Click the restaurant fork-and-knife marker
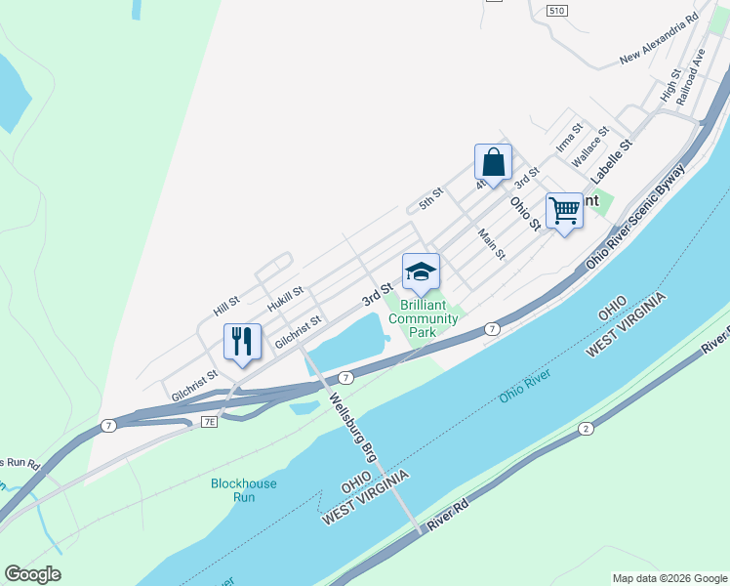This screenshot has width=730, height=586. coord(242,342)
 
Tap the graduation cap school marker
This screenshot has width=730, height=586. coord(421,272)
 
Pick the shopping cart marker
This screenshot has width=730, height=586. coord(564,211)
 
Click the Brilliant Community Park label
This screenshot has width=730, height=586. coord(423,318)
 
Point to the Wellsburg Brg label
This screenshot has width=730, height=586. coord(352,428)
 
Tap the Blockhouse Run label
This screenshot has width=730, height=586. coord(243,489)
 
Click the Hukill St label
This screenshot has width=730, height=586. coord(286,297)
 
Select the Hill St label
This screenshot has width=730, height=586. coord(226,307)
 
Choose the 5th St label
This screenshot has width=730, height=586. coord(431,198)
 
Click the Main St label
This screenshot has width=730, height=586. coord(492,243)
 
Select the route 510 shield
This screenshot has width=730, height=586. coord(556,11)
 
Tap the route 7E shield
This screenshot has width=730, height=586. coord(209,421)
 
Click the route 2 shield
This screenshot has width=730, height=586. coord(586,428)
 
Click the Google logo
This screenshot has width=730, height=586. coord(32,574)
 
